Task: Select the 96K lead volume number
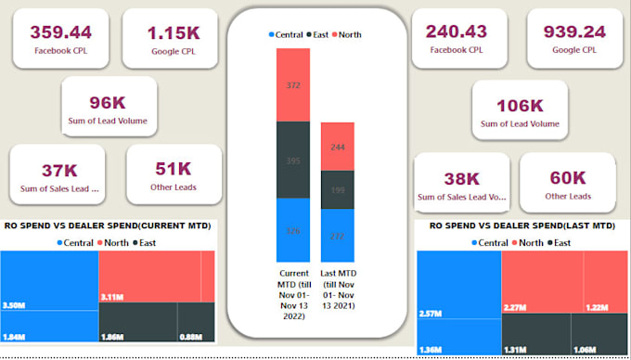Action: [109, 101]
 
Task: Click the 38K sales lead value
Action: [461, 178]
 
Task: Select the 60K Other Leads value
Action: [567, 177]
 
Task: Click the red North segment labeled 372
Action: [292, 86]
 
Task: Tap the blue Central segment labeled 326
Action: [292, 230]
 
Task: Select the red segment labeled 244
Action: [337, 146]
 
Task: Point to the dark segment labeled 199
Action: [337, 189]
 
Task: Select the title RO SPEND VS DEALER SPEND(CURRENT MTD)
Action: [108, 225]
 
